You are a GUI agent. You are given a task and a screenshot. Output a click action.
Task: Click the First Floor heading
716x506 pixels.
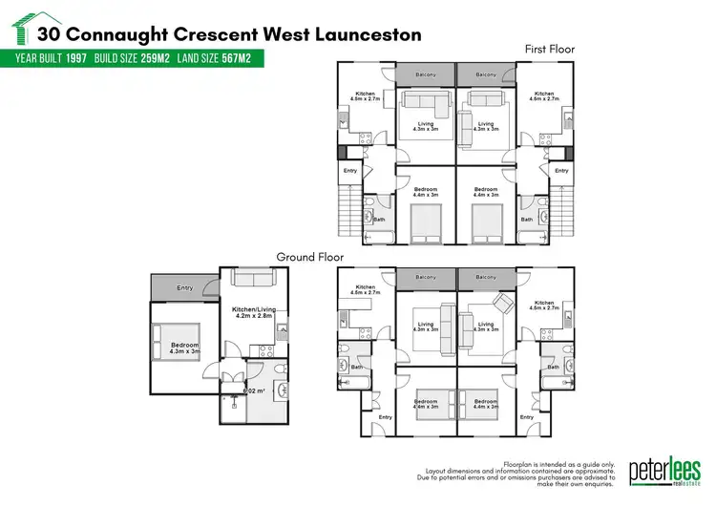pyautogui.click(x=550, y=48)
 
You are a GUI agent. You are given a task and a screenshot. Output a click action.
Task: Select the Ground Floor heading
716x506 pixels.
pyautogui.click(x=310, y=257)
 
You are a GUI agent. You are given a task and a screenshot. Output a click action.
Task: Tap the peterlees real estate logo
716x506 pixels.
pyautogui.click(x=664, y=472)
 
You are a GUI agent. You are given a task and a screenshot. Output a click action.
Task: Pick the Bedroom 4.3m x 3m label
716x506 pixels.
pyautogui.click(x=184, y=348)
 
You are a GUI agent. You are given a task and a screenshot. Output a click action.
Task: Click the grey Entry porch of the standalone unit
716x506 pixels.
pyautogui.click(x=184, y=286)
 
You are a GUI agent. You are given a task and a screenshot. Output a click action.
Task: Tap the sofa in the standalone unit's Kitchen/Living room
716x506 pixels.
pyautogui.click(x=253, y=279)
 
